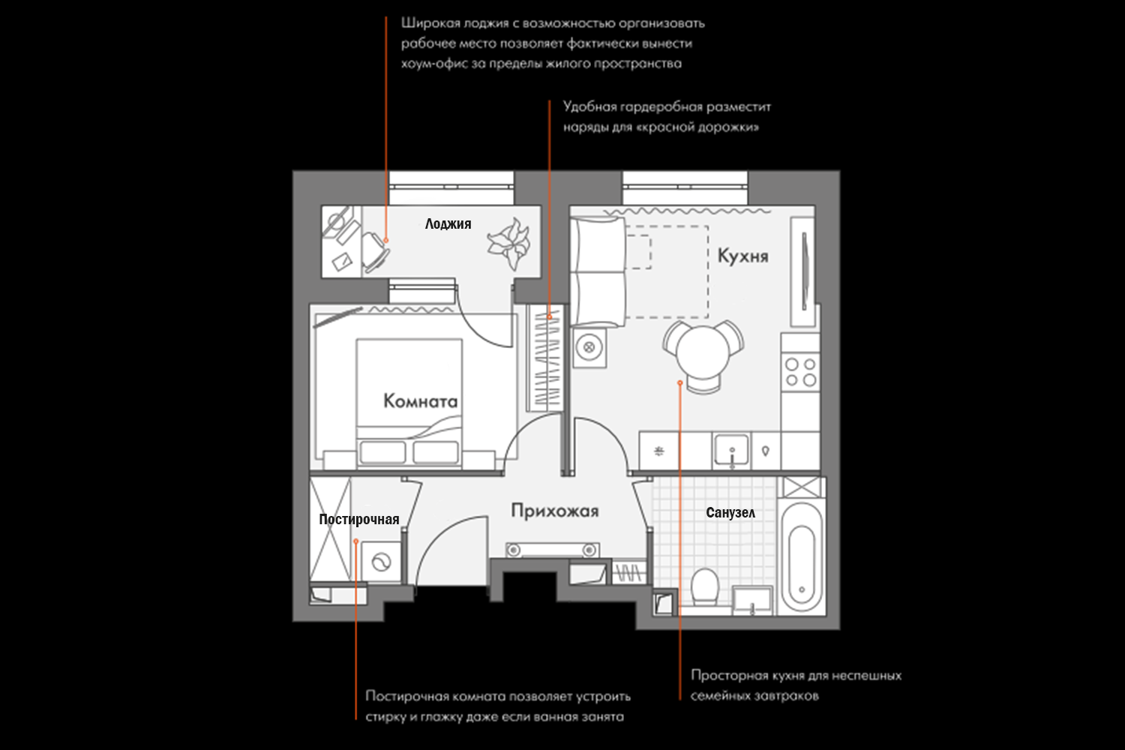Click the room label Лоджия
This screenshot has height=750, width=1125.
point(448,223)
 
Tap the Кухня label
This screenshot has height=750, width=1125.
point(742,256)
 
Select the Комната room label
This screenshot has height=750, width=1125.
point(420,401)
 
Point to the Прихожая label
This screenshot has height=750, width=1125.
point(554,511)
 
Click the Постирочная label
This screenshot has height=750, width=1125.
point(358,519)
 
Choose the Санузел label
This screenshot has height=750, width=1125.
point(730,513)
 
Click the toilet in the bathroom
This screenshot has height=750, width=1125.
point(705,586)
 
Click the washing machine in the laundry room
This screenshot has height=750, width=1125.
point(381,562)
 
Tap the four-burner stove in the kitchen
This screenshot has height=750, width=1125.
point(800,372)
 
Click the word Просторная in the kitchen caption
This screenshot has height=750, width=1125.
point(725,675)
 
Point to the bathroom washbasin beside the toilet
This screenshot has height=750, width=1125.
point(752,600)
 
